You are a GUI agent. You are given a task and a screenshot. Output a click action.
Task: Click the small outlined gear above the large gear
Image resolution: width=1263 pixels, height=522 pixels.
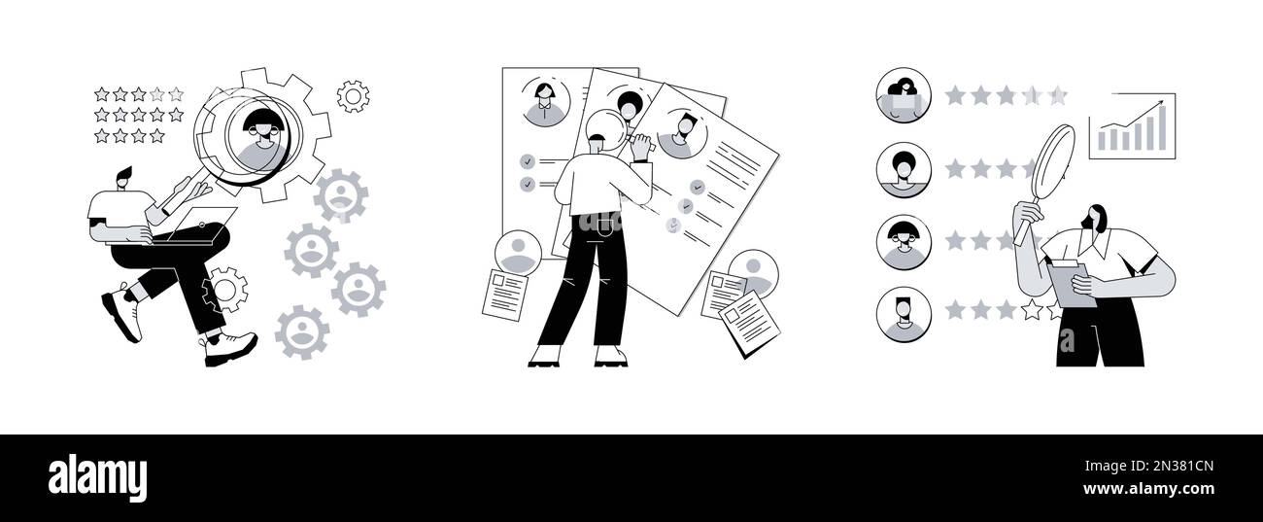coord(353,95)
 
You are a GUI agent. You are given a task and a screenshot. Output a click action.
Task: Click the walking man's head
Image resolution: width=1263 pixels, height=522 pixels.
coord(122,182)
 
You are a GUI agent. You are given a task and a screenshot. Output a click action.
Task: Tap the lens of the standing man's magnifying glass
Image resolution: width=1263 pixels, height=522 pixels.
coord(605,128)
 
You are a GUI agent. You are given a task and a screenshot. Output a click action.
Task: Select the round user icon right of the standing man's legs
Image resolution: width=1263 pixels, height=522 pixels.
coord(753,272)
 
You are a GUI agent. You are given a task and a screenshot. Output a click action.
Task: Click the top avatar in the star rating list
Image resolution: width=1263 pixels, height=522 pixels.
coord(903,95)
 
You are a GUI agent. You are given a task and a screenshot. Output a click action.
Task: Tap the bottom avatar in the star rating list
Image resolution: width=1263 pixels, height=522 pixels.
coord(903,315)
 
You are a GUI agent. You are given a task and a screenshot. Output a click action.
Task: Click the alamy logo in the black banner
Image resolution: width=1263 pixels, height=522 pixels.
coord(97,478)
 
